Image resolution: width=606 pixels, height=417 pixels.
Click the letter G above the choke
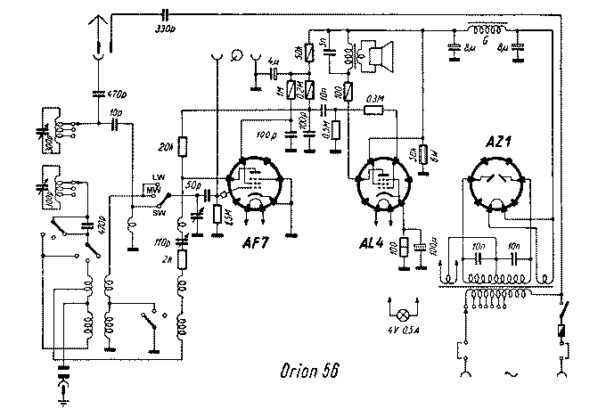point(485,38)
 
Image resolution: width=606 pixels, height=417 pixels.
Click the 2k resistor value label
point(167,259)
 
